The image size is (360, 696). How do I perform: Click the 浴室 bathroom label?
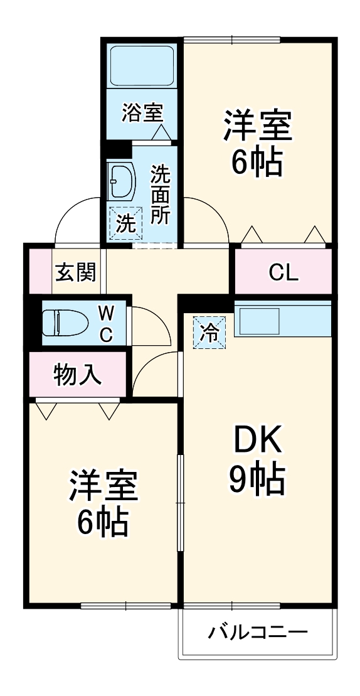[x=142, y=113]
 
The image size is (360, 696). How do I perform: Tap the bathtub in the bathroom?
[x=142, y=66]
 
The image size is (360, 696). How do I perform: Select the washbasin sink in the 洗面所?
[x=122, y=181]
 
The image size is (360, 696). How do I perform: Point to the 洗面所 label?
[x=160, y=195]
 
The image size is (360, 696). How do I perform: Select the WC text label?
[x=106, y=323]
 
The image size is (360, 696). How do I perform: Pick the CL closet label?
[x=283, y=272]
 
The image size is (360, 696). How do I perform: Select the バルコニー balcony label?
[x=258, y=631]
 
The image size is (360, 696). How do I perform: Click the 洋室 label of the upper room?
[x=257, y=126]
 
